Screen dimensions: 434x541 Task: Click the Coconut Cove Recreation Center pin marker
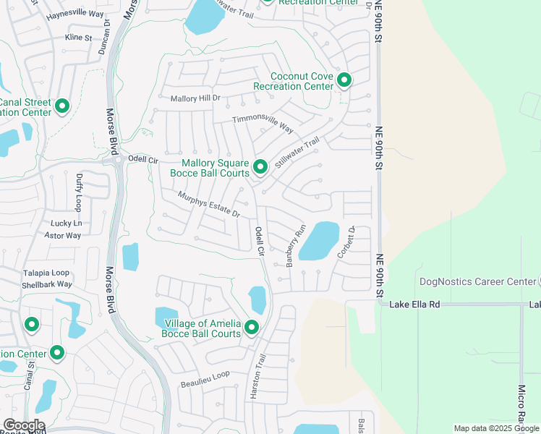point(344,80)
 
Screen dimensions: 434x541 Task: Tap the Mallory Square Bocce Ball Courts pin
point(260,167)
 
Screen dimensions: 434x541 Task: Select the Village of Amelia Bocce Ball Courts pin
point(251,327)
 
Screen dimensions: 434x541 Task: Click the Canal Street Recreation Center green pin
point(62,106)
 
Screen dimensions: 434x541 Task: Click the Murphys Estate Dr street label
point(209,204)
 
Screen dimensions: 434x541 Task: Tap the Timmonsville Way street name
point(263,124)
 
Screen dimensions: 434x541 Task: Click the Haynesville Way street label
point(74,14)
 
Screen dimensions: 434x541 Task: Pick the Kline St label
point(78,37)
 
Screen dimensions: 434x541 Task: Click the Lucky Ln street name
point(66,224)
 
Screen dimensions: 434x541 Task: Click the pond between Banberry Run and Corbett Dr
point(319,241)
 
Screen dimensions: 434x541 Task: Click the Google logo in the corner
point(23,425)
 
